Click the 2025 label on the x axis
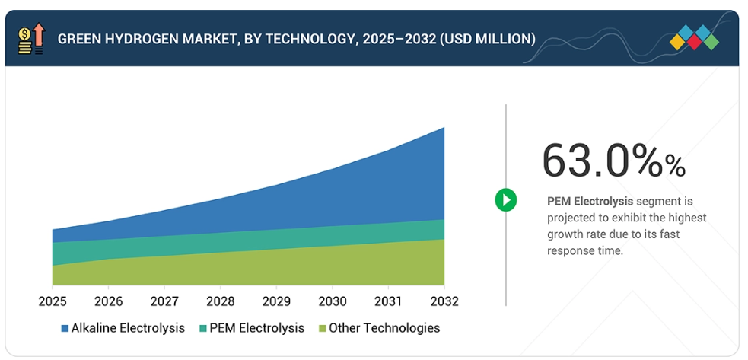pyautogui.click(x=53, y=301)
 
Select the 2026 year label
pyautogui.click(x=108, y=301)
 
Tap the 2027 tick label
pyautogui.click(x=164, y=301)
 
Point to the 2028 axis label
pyautogui.click(x=220, y=301)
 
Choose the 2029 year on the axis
pyautogui.click(x=276, y=301)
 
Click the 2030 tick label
pyautogui.click(x=332, y=301)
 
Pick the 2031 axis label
pyautogui.click(x=388, y=301)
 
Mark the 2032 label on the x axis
pyautogui.click(x=444, y=301)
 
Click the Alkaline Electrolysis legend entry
pyautogui.click(x=128, y=328)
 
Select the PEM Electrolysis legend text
pyautogui.click(x=257, y=328)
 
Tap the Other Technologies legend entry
pyautogui.click(x=384, y=328)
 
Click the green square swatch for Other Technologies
pyautogui.click(x=323, y=329)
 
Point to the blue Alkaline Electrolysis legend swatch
pyautogui.click(x=65, y=329)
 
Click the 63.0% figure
pyautogui.click(x=613, y=161)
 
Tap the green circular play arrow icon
pyautogui.click(x=506, y=200)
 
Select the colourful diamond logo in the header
pyautogui.click(x=694, y=38)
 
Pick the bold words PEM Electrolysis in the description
pyautogui.click(x=580, y=202)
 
